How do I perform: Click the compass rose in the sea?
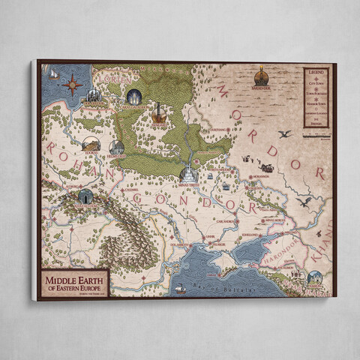tap(73, 85)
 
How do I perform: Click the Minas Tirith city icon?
tap(187, 174)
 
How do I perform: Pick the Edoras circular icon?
tap(91, 143)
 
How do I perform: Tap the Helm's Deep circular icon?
tap(117, 147)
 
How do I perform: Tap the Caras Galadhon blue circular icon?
tap(134, 97)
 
